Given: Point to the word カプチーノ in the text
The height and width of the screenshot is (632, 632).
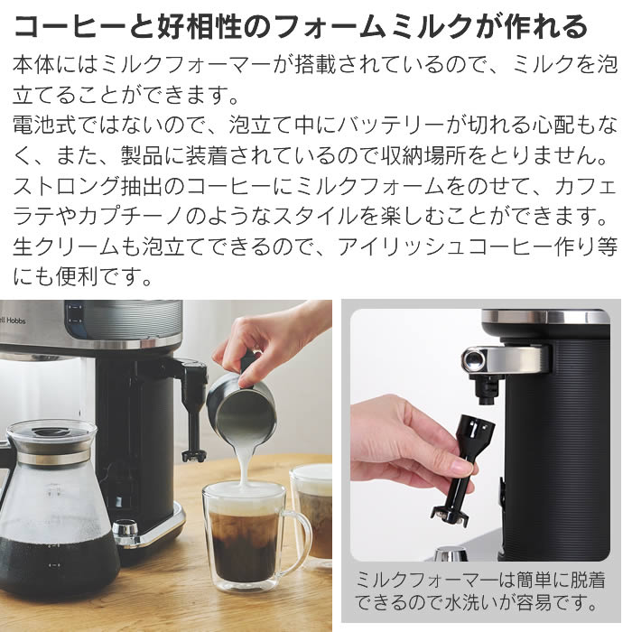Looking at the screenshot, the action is pyautogui.click(x=132, y=216).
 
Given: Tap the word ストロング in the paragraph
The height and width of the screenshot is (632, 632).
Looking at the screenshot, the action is pyautogui.click(x=67, y=186).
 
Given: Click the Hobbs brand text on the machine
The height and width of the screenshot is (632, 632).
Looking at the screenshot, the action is pyautogui.click(x=15, y=321).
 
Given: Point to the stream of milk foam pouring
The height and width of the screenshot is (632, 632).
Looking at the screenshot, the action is pyautogui.click(x=245, y=463).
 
